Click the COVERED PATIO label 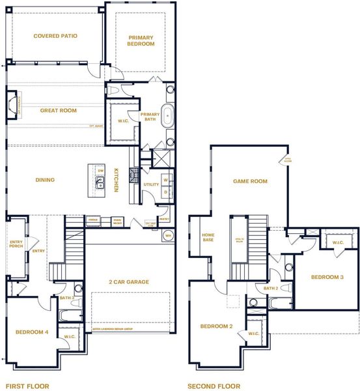(55, 36)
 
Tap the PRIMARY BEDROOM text (141, 40)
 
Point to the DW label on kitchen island (100, 171)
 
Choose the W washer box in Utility (165, 180)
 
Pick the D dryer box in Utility (165, 192)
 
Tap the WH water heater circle (169, 235)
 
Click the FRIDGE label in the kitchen (92, 222)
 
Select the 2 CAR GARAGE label (128, 282)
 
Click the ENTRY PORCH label (16, 244)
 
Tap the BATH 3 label (66, 297)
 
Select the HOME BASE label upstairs (208, 238)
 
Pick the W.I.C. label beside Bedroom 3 (337, 243)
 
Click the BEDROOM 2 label (217, 326)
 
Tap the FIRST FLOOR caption (27, 386)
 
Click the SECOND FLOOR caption (214, 386)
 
